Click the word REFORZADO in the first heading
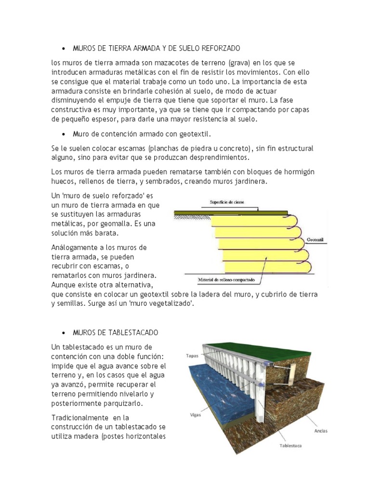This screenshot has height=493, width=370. pos(220,49)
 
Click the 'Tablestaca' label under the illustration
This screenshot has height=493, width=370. pos(291,445)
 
